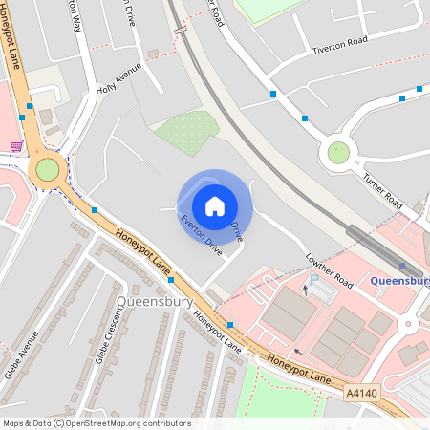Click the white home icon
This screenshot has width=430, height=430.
[215, 205]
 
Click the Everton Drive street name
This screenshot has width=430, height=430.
[201, 234]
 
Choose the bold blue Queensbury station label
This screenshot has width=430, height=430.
[399, 281]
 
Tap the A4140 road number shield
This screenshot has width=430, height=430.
[362, 393]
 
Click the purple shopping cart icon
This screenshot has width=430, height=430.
[16, 146]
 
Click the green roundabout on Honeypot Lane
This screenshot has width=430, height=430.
[47, 170]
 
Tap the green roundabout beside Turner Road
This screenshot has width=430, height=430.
[338, 152]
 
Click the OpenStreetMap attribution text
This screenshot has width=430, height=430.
[96, 423]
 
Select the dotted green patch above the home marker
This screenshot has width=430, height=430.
[189, 131]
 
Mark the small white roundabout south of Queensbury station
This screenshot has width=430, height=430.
[409, 325]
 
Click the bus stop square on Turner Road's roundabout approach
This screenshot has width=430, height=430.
[305, 118]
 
